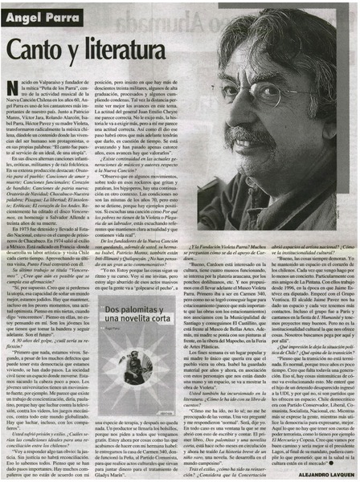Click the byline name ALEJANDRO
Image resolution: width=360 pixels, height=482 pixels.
(x=300, y=475)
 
